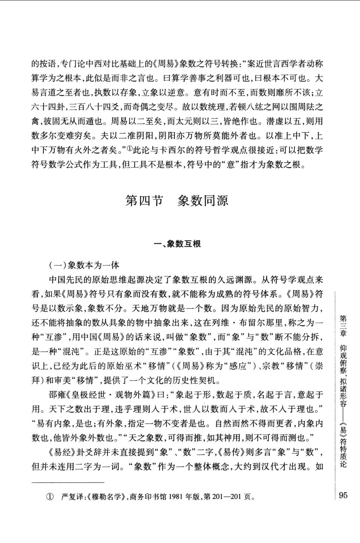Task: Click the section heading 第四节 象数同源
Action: [x=177, y=200]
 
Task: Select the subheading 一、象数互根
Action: [x=177, y=244]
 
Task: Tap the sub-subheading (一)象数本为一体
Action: [x=84, y=265]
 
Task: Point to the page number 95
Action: [x=343, y=495]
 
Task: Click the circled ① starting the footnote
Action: [x=49, y=497]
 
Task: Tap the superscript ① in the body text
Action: [x=129, y=149]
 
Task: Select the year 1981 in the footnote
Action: [x=175, y=497]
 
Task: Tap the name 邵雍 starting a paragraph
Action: [x=57, y=395]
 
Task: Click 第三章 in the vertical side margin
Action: [x=343, y=326]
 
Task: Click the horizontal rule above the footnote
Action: [x=68, y=482]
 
